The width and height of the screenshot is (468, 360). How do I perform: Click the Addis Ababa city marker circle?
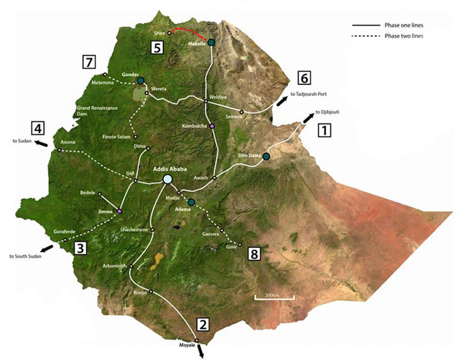168,179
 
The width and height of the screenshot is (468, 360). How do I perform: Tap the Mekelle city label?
197,43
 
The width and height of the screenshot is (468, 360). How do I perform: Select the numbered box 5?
156,47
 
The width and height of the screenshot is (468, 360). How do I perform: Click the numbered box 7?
89,62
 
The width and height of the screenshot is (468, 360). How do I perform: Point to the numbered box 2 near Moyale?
203,324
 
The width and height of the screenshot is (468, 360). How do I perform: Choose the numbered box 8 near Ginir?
254,253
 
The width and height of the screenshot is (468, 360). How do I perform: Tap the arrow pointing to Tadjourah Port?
282,101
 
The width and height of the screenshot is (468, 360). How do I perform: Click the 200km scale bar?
274,297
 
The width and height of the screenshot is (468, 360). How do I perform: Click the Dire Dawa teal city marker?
266,156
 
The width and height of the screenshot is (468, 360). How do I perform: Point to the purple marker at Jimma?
119,211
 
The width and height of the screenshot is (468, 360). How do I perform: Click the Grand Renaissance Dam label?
97,111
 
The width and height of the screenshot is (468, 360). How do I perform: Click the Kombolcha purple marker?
212,126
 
